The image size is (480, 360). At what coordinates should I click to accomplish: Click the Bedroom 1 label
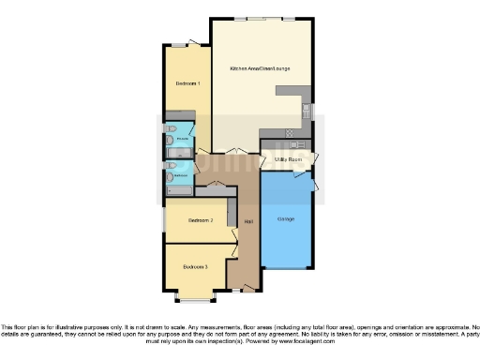(x=187, y=84)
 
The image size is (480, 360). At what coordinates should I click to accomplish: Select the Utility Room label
(x=287, y=160)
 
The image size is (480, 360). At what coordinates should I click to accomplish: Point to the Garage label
(x=287, y=219)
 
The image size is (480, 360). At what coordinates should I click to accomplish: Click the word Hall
(x=248, y=221)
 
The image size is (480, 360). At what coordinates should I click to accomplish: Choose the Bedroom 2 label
(x=202, y=220)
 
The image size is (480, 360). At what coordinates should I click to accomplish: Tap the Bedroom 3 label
(x=196, y=265)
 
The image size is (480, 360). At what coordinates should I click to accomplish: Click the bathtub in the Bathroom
(x=179, y=189)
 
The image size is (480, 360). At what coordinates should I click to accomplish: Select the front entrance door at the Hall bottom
(x=247, y=292)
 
